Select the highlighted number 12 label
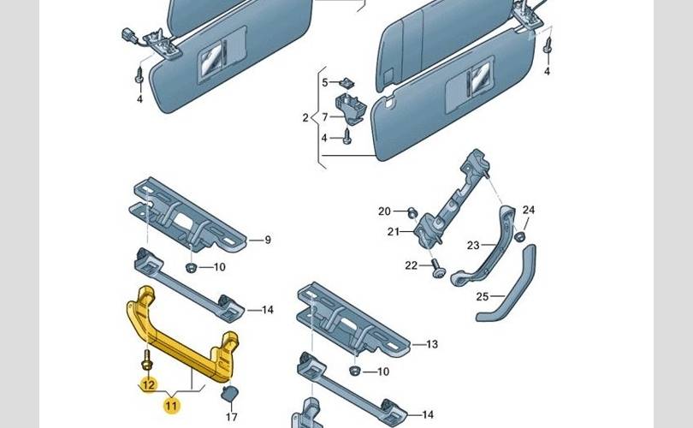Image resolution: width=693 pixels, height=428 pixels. tap(147, 384)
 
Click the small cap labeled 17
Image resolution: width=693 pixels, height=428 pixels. tap(230, 394)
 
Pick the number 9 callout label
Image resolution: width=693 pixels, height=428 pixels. tap(267, 241)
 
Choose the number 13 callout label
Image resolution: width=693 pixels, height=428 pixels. tap(432, 344)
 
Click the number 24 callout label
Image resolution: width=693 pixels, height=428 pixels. tap(529, 211)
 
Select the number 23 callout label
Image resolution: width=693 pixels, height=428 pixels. tap(473, 246)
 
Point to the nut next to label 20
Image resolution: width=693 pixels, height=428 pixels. tap(411, 212)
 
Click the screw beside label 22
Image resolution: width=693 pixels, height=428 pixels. tap(437, 268)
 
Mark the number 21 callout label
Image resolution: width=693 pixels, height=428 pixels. tap(393, 232)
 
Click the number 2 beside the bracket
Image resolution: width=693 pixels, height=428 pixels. tap(305, 117)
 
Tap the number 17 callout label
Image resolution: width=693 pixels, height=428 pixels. tap(231, 418)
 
